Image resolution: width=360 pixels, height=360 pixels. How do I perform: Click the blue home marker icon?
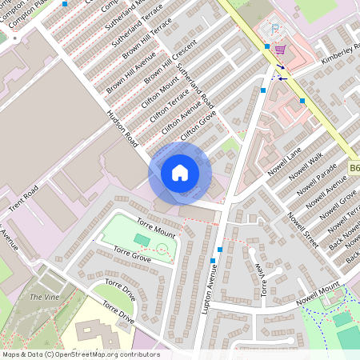click(180, 172)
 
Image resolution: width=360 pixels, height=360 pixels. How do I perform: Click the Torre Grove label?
click(132, 255)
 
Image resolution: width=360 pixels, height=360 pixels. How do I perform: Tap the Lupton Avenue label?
click(211, 289)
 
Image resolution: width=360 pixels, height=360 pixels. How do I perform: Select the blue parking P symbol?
click(276, 29)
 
